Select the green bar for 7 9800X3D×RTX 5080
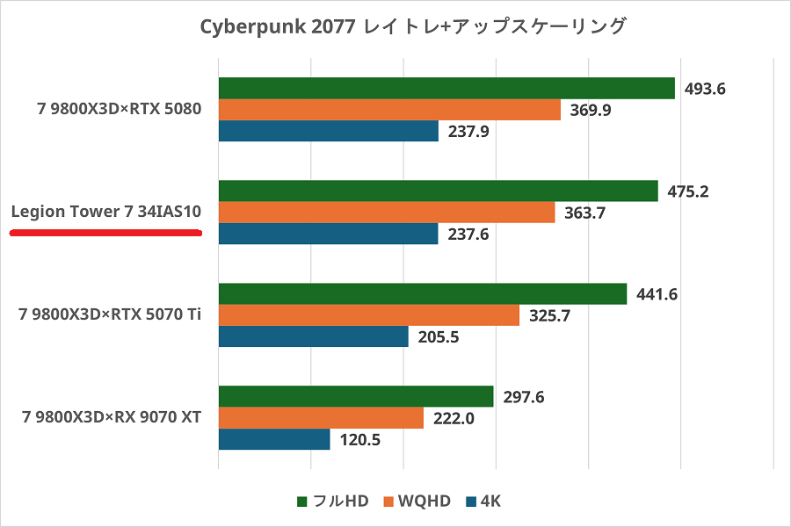point(446,89)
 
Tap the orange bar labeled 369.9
point(389,110)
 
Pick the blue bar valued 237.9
point(328,131)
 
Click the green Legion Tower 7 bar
point(438,191)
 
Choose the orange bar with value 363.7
point(387,213)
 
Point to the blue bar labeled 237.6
point(328,234)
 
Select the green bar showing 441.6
point(422,294)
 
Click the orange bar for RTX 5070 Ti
point(369,315)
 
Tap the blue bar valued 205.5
point(313,336)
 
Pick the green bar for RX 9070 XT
point(356,397)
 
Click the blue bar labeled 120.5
point(274,439)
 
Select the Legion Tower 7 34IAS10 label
point(106,212)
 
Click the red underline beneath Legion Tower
point(106,233)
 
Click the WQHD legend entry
point(417,502)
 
